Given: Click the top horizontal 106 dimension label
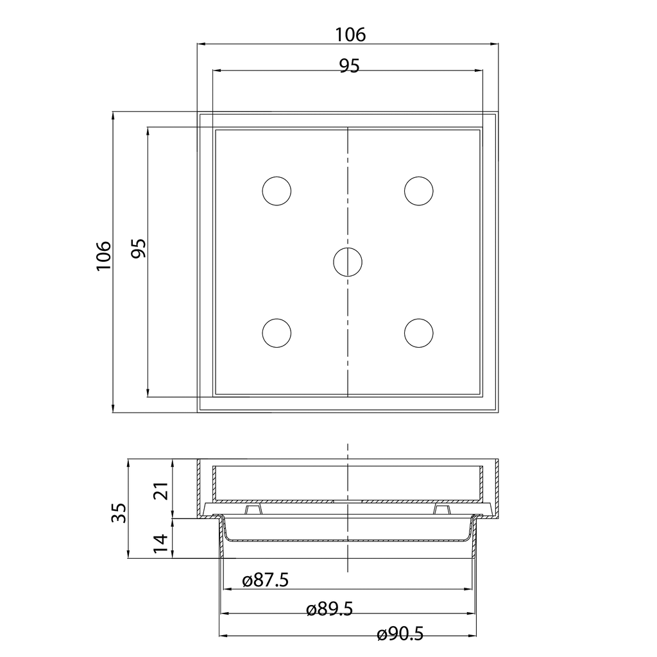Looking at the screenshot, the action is click(350, 35).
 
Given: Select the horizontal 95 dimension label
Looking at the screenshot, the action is click(349, 66).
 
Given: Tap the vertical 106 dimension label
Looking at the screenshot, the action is click(103, 256).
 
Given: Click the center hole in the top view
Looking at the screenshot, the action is click(348, 262).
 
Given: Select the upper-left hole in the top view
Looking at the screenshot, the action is click(277, 191).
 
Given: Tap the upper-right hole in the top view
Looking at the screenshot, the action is click(419, 191).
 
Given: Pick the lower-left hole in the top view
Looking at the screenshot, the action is click(277, 333).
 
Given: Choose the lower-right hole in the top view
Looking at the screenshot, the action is click(419, 333).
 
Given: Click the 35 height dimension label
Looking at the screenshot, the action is click(119, 513).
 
